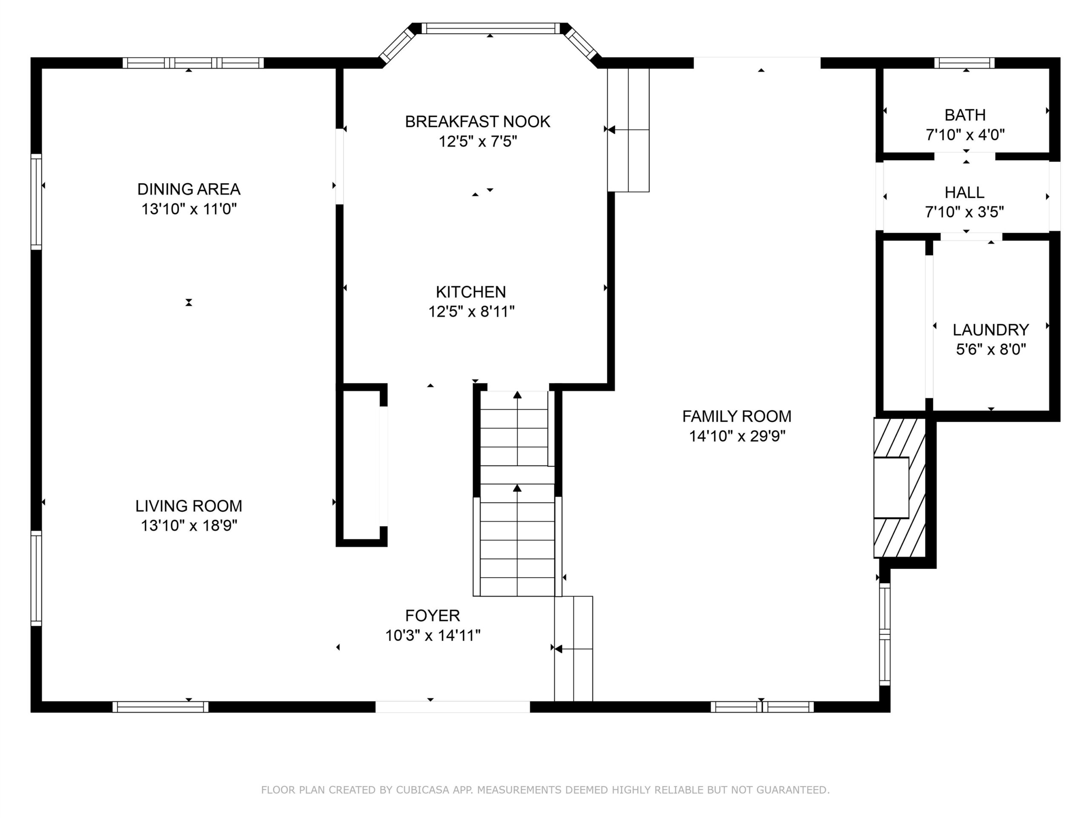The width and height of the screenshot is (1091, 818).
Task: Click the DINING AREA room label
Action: [189, 189]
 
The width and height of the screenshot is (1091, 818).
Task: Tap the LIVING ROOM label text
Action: [189, 506]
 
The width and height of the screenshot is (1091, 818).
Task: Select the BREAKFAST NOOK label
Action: [477, 122]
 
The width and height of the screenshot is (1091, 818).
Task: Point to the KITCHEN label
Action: [471, 292]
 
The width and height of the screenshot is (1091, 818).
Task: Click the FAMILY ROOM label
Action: [737, 417]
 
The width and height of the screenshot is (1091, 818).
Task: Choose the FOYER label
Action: [433, 616]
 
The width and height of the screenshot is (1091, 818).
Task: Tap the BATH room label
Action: [965, 115]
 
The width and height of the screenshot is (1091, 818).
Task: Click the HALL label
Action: [965, 192]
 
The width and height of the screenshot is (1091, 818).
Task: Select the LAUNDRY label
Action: [991, 330]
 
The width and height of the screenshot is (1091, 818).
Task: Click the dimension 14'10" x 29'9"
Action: [737, 436]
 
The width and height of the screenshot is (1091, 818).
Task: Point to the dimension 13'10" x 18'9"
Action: [189, 526]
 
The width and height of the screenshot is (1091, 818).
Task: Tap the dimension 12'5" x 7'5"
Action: [477, 142]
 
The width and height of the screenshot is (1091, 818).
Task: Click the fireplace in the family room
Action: [899, 488]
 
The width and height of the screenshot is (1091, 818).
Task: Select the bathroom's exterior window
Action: [964, 63]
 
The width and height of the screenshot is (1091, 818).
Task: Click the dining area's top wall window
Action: [193, 63]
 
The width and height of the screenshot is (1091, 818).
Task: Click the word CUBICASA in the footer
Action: [423, 790]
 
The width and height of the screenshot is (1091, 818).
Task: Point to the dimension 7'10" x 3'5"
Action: [965, 212]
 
